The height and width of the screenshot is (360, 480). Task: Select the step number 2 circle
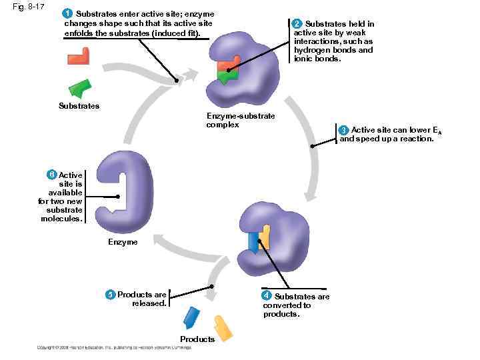coord(299,24)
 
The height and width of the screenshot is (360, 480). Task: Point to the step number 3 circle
coord(343,129)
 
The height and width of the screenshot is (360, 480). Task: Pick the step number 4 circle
coord(266,295)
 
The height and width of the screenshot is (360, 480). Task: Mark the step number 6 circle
coord(51,175)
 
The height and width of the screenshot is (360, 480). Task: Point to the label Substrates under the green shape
coord(79,106)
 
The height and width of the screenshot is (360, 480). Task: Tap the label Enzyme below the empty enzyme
coord(123,242)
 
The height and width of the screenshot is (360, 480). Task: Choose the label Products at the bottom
coord(197,339)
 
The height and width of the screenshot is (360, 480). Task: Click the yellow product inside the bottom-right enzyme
coord(265,236)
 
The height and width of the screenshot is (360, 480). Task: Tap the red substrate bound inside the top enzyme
coord(227,65)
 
